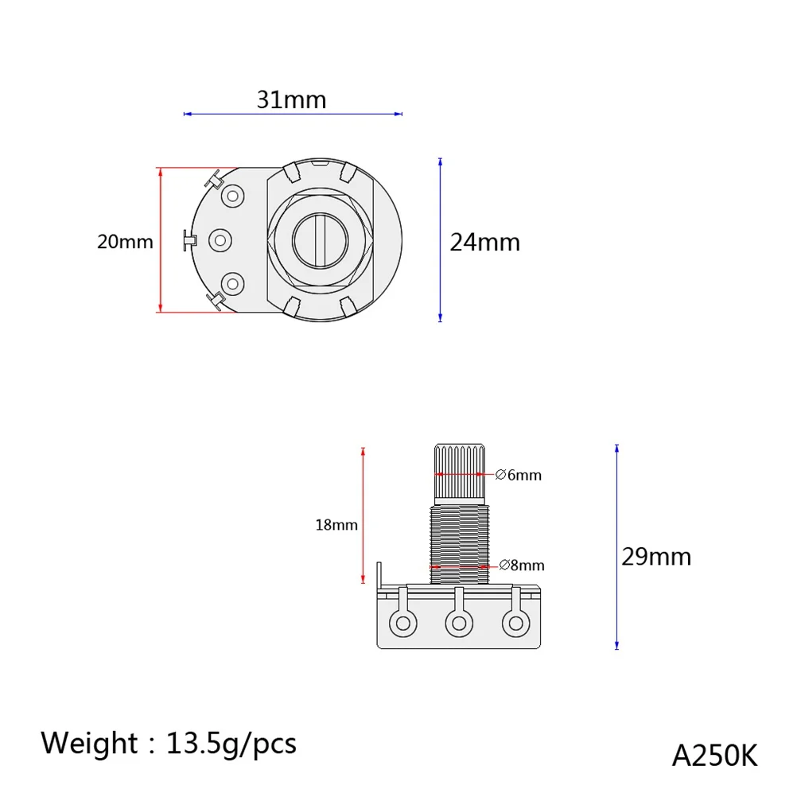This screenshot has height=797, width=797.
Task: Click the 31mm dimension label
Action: click(x=291, y=100)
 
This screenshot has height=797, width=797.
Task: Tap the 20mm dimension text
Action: click(x=125, y=242)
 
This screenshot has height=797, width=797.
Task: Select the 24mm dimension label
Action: click(x=484, y=242)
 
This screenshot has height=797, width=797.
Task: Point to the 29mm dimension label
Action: click(x=656, y=556)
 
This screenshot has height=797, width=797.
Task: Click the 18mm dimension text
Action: click(x=336, y=525)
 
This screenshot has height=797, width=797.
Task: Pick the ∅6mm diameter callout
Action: click(x=518, y=475)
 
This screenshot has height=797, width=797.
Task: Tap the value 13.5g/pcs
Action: click(x=231, y=744)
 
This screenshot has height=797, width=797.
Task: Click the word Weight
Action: click(x=89, y=744)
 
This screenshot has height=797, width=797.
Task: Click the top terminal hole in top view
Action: click(x=233, y=196)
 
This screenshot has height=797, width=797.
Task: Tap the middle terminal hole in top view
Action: click(x=219, y=239)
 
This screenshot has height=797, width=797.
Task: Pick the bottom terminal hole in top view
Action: click(x=233, y=282)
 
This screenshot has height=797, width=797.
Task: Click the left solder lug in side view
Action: click(x=403, y=623)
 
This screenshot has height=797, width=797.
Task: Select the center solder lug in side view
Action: click(x=458, y=623)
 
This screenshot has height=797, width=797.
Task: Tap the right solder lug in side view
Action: click(x=513, y=623)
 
